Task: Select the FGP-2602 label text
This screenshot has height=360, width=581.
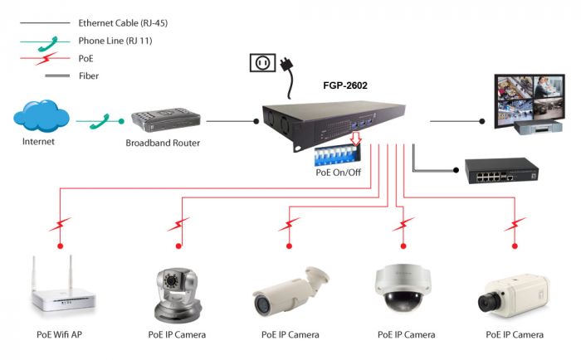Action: [344, 85]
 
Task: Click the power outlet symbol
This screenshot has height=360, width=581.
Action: [262, 63]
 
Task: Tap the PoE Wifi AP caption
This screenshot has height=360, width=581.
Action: [60, 335]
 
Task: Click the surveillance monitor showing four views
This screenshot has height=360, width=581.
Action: [530, 104]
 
